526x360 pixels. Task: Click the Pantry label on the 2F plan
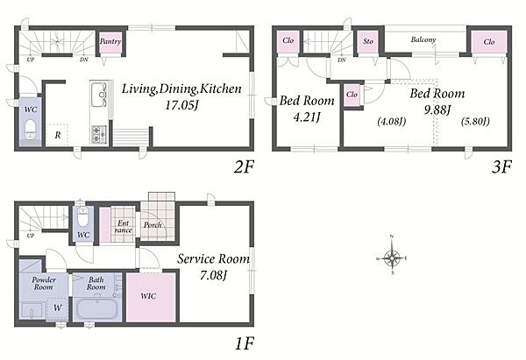[110, 42]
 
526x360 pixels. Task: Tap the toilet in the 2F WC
[31, 130]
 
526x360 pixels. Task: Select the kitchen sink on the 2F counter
[99, 95]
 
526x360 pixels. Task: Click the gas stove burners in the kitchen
[99, 134]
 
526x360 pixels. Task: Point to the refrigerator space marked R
[58, 135]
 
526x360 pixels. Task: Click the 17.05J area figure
[181, 106]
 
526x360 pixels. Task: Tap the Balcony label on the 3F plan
[423, 40]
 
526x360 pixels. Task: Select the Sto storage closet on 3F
[368, 42]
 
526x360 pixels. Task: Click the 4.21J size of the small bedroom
[307, 117]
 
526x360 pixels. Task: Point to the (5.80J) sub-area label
[474, 121]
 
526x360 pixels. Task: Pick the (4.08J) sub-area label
[392, 121]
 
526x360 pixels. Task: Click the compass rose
[392, 258]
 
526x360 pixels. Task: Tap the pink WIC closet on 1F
[151, 298]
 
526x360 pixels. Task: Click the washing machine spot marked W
[58, 307]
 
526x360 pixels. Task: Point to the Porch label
[153, 225]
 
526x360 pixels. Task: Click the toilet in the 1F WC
[83, 216]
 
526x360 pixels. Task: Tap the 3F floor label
[501, 167]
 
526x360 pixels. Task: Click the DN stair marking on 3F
[342, 60]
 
